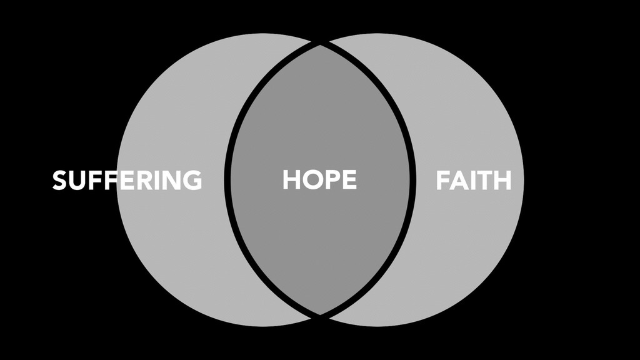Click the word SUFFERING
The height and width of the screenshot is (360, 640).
tap(127, 180)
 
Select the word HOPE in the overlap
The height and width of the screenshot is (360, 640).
tap(319, 180)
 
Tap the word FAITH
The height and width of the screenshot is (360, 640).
tap(473, 180)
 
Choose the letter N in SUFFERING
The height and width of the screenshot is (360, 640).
tap(168, 180)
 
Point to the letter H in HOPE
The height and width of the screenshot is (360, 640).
tap(292, 180)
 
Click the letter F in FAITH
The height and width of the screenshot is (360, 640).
tap(442, 180)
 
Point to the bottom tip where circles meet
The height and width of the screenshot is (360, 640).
tap(320, 314)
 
